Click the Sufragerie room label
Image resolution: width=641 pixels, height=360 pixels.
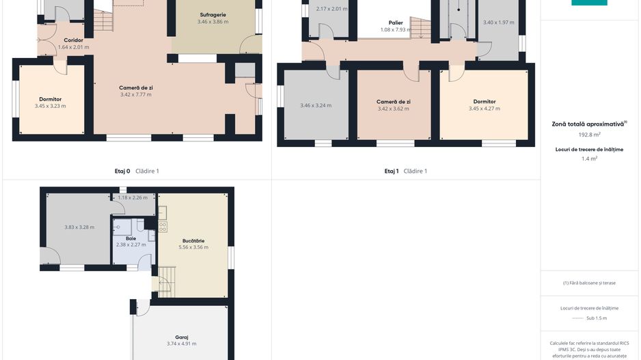213,15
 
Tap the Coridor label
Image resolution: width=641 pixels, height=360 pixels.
74,40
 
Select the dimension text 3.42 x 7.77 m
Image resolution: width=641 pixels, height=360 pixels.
136,94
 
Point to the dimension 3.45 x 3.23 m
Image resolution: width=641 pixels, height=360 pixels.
51,106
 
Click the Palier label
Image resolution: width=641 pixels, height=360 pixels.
396,23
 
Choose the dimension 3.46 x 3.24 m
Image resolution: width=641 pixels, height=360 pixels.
316,105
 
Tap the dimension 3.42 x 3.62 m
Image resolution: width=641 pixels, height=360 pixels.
393,109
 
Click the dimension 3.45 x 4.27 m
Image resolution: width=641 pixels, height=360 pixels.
485,109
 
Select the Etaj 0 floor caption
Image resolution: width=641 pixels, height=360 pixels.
122,171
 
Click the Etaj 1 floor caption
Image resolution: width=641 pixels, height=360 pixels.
392,171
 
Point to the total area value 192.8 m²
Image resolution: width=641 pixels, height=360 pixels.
589,135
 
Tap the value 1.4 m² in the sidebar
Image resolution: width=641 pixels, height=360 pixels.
589,158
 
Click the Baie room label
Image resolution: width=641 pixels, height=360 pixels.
131,238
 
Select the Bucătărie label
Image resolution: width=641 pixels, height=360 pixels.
193,240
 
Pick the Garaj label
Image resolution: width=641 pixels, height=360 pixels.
182,337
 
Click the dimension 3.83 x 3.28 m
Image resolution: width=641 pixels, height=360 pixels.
79,227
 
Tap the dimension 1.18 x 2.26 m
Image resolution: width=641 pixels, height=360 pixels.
133,198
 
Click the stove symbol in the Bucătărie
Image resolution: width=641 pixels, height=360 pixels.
163,227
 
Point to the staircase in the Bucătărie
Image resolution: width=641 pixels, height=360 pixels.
167,282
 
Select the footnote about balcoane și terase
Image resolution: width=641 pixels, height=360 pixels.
589,283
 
